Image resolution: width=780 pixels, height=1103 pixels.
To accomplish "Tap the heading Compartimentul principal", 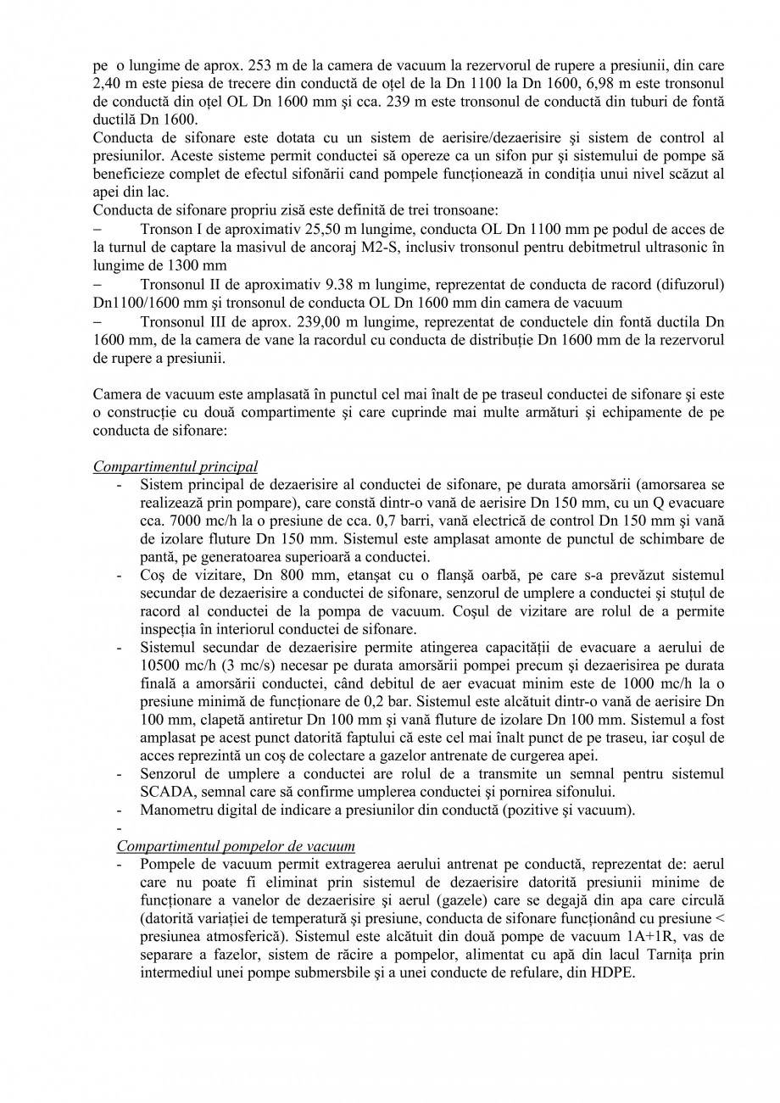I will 175,467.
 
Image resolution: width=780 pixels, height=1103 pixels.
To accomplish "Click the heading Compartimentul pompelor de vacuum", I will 236,846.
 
